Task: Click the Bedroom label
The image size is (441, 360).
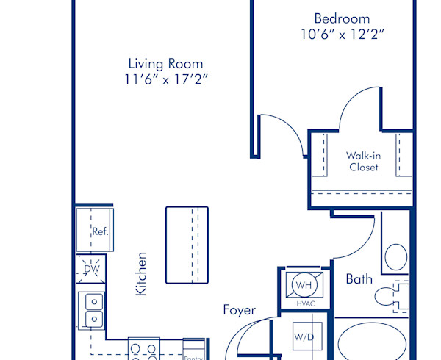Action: [x=342, y=19]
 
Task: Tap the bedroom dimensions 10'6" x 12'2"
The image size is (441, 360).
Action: [x=343, y=35]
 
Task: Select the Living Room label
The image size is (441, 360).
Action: [x=165, y=64]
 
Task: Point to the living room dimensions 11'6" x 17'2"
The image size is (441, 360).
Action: [x=166, y=79]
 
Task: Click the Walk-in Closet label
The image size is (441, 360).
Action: [x=363, y=162]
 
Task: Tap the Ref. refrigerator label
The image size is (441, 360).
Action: [x=100, y=231]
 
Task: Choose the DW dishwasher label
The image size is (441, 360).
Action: [x=92, y=269]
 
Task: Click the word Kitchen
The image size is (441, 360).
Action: [x=141, y=274]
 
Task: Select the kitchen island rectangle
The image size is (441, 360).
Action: [x=187, y=245]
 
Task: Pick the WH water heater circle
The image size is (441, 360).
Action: [x=304, y=285]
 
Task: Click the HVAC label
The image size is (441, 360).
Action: [x=306, y=303]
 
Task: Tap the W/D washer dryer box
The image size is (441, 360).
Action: [x=307, y=336]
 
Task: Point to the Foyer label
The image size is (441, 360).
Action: [x=240, y=310]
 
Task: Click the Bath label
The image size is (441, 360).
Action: [x=359, y=279]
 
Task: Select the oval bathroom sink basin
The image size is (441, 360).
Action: [x=395, y=257]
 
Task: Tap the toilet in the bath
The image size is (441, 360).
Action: [x=391, y=297]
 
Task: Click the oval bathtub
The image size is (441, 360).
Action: [x=372, y=343]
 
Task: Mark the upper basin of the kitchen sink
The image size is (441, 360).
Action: [x=94, y=302]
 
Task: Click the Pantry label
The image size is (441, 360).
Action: [x=193, y=358]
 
